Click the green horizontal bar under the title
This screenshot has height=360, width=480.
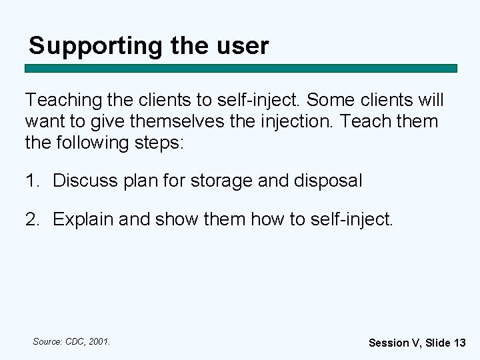[241, 68]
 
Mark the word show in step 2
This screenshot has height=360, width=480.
[175, 219]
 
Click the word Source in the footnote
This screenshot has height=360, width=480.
[47, 341]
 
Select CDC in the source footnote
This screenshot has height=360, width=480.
[75, 341]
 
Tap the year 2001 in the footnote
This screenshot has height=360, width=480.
[100, 341]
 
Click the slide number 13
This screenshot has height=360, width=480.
[459, 343]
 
